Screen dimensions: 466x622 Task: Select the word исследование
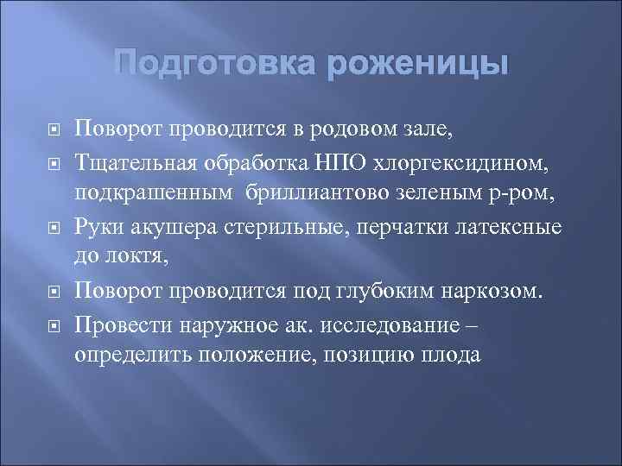click(x=391, y=325)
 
